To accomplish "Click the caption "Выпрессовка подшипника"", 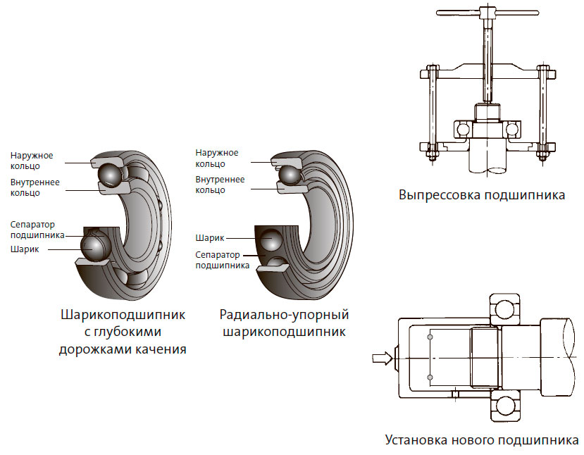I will (x=481, y=195).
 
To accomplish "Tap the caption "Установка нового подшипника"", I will (x=482, y=441).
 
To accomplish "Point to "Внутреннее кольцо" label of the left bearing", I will (x=35, y=187).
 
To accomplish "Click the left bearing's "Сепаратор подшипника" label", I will (x=37, y=230).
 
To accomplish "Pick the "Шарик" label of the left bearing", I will (x=25, y=249).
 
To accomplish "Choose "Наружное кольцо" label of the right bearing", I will (x=217, y=158).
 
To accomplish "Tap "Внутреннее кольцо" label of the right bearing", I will (x=220, y=185).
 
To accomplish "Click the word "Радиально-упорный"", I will (x=285, y=314).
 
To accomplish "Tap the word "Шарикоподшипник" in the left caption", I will (x=123, y=314).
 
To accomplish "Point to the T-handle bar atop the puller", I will (x=483, y=15).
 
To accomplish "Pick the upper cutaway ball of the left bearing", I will (x=108, y=173).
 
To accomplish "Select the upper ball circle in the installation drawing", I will (x=505, y=308).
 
